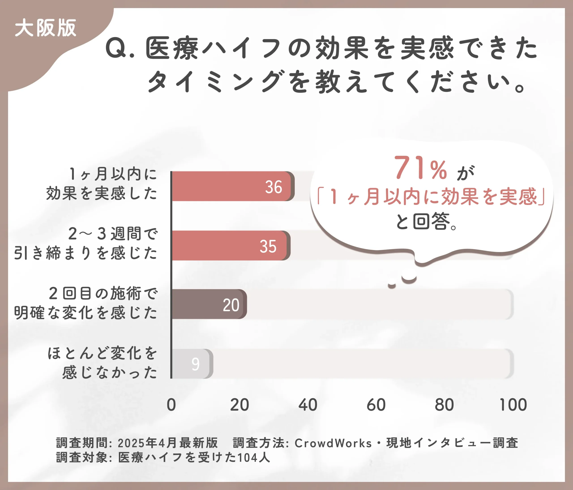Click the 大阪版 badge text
point(45,28)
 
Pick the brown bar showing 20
point(209,304)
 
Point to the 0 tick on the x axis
point(171,405)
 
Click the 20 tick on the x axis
point(239,405)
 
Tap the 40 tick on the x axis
point(308,405)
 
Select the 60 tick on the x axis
point(376,405)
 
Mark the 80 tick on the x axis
point(444,405)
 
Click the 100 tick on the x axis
point(513,405)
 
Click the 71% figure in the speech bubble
point(420,168)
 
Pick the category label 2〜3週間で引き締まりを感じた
point(86,243)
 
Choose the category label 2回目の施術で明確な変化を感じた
point(86,303)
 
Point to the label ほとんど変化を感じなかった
point(102,363)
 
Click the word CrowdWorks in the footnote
point(333,443)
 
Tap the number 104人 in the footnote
point(254,458)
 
